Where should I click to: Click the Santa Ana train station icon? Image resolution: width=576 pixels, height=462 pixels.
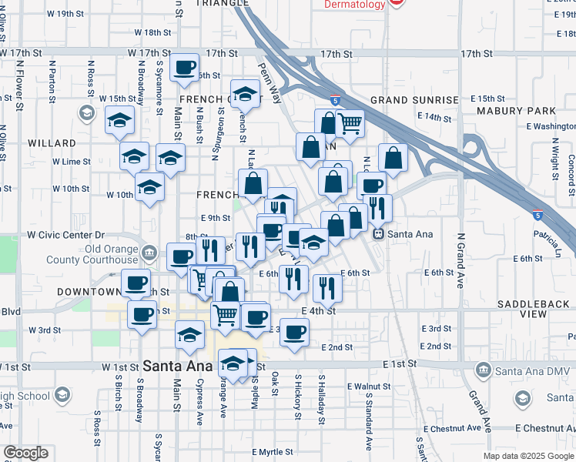coord(378,234)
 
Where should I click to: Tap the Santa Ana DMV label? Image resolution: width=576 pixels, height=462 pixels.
coord(524,371)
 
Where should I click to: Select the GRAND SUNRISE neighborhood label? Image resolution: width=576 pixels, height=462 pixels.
coord(408,100)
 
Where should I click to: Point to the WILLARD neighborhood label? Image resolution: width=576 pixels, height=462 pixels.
coord(52,143)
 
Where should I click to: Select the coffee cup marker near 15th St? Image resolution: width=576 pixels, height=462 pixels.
coord(184,69)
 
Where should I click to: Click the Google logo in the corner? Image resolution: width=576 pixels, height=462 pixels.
coord(25,453)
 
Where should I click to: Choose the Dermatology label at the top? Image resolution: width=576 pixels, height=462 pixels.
coord(354,5)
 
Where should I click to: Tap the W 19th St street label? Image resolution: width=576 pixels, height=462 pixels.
coord(64,14)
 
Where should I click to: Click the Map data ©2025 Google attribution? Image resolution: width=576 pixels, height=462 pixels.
coord(528,456)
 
